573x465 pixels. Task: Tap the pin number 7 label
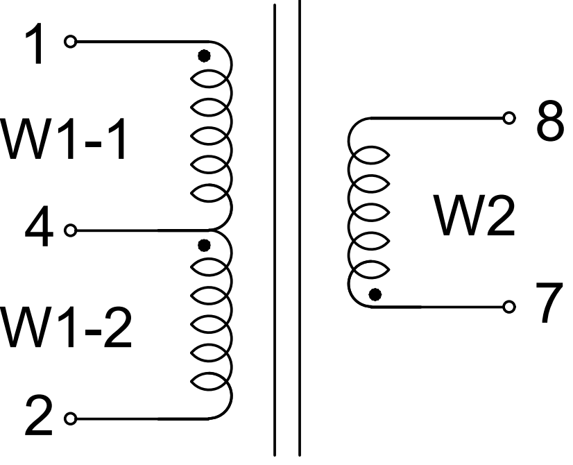pos(549,305)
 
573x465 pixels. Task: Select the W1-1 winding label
pos(65,141)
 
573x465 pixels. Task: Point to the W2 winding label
pos(475,216)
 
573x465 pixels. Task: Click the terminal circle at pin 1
pos(69,42)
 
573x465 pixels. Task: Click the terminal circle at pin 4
pos(69,230)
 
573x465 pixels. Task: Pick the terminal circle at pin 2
pos(69,418)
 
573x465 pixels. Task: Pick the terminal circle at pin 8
pos(510,117)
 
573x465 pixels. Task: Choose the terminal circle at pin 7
pos(510,306)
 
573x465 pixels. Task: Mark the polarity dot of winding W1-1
pos(203,56)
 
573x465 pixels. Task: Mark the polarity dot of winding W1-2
pos(204,244)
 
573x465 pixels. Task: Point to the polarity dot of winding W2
pos(375,294)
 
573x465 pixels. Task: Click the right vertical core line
pos(300,229)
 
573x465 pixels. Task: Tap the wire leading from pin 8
pos(437,117)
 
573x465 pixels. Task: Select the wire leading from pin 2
pos(139,418)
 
